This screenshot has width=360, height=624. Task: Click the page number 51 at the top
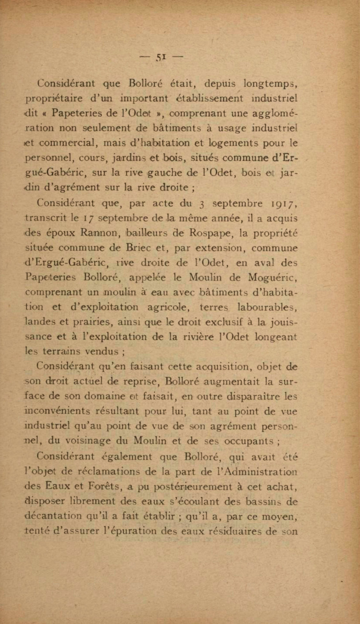161,57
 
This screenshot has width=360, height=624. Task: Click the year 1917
284,204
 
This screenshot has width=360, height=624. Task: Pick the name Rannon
95,233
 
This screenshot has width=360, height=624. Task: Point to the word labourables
267,307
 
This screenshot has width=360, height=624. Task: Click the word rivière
196,337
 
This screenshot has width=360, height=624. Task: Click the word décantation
52,516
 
